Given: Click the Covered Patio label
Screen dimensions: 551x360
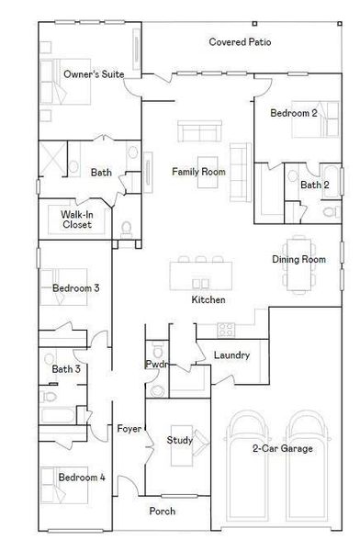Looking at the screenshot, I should tap(239, 42).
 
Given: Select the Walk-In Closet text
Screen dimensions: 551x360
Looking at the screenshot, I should tap(77, 219).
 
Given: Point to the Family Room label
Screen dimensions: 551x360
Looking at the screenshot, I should tap(198, 172).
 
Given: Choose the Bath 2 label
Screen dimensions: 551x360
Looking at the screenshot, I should tap(314, 185).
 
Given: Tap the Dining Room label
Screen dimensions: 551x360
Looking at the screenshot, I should tap(298, 260).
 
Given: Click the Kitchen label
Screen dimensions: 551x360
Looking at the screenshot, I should tap(208, 300).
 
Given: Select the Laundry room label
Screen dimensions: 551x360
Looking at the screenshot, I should tap(231, 354).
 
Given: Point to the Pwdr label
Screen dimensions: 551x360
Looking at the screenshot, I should tap(156, 365).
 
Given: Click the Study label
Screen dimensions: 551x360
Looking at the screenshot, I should tap(179, 441).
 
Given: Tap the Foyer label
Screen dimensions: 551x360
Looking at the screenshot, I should tap(129, 429).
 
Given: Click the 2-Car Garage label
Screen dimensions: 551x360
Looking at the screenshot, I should tap(283, 448).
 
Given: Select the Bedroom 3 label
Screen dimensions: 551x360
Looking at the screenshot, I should tap(75, 288).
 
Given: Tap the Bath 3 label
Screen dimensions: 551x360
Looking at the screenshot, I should tap(66, 369).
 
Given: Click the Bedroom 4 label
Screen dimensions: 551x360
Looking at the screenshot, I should tap(82, 478).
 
